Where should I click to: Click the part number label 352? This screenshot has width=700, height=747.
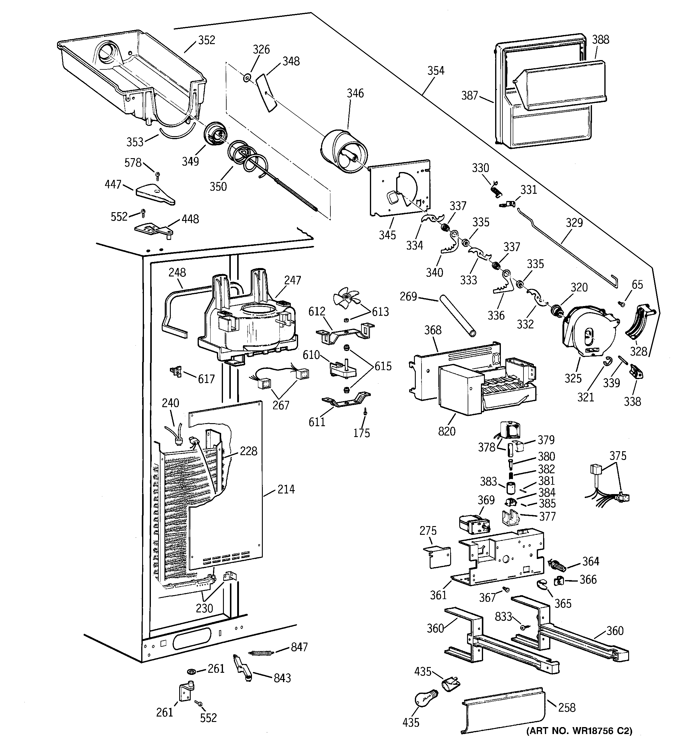pos(206,40)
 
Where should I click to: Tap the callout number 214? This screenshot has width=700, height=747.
pos(286,489)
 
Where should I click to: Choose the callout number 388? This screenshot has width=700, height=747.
pos(600,40)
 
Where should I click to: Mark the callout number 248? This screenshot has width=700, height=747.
pos(177,273)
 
